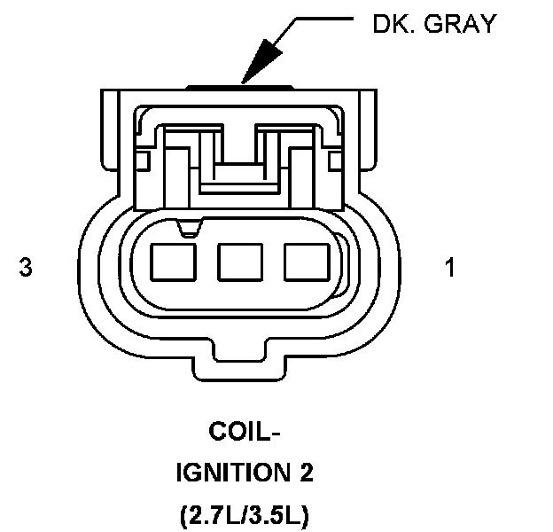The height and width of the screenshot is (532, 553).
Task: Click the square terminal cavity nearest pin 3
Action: [173, 263]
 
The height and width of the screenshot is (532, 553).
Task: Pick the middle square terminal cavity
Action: [238, 263]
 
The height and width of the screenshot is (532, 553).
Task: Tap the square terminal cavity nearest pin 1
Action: [305, 263]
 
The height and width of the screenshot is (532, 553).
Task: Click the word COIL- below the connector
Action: [243, 432]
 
